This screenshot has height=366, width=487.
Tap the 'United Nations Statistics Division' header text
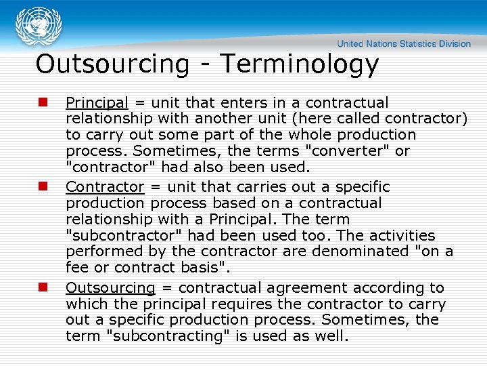pos(404,44)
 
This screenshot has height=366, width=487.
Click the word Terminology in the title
pos(300,64)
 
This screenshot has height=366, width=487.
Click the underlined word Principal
pos(97,103)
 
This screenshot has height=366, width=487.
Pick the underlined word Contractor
pos(105,187)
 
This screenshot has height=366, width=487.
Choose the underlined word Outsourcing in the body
pos(110,288)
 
